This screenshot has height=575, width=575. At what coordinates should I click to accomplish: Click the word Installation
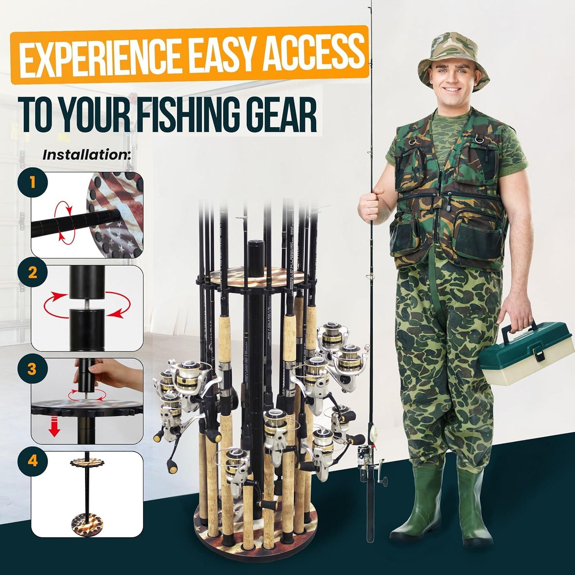click(87, 155)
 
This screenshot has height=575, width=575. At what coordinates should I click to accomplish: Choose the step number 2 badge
click(33, 273)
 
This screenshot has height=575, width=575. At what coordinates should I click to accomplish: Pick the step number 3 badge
click(33, 369)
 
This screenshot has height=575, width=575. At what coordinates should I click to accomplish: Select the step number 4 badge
click(33, 461)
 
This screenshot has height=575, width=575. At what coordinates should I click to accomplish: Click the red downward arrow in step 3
click(55, 430)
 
